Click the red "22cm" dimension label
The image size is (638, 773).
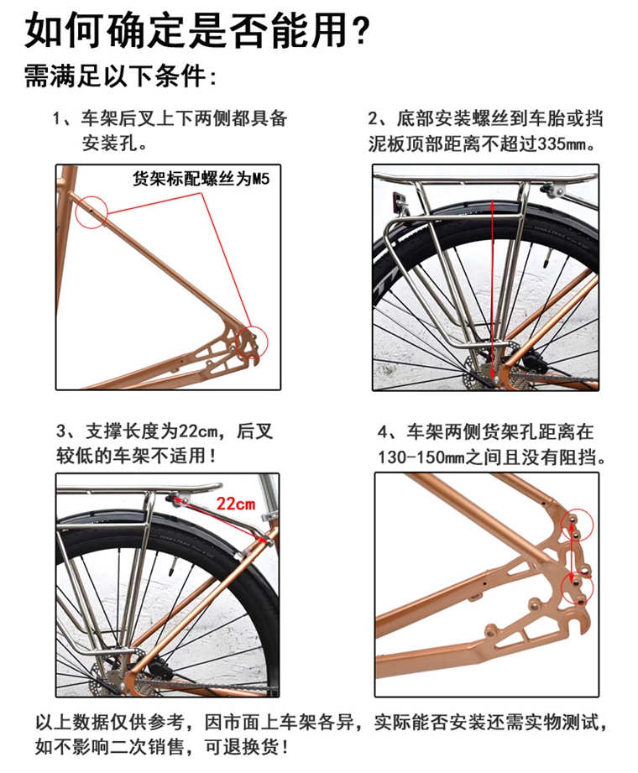tap(236, 504)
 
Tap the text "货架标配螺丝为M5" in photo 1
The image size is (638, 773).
tap(201, 178)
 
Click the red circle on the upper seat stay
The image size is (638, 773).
tap(92, 212)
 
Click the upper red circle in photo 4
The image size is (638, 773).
tap(577, 525)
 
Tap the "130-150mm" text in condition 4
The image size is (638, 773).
tap(421, 457)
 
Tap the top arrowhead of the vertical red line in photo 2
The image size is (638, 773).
tap(493, 203)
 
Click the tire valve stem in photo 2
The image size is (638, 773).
tap(547, 258)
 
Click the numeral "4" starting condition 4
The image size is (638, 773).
tap(383, 432)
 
